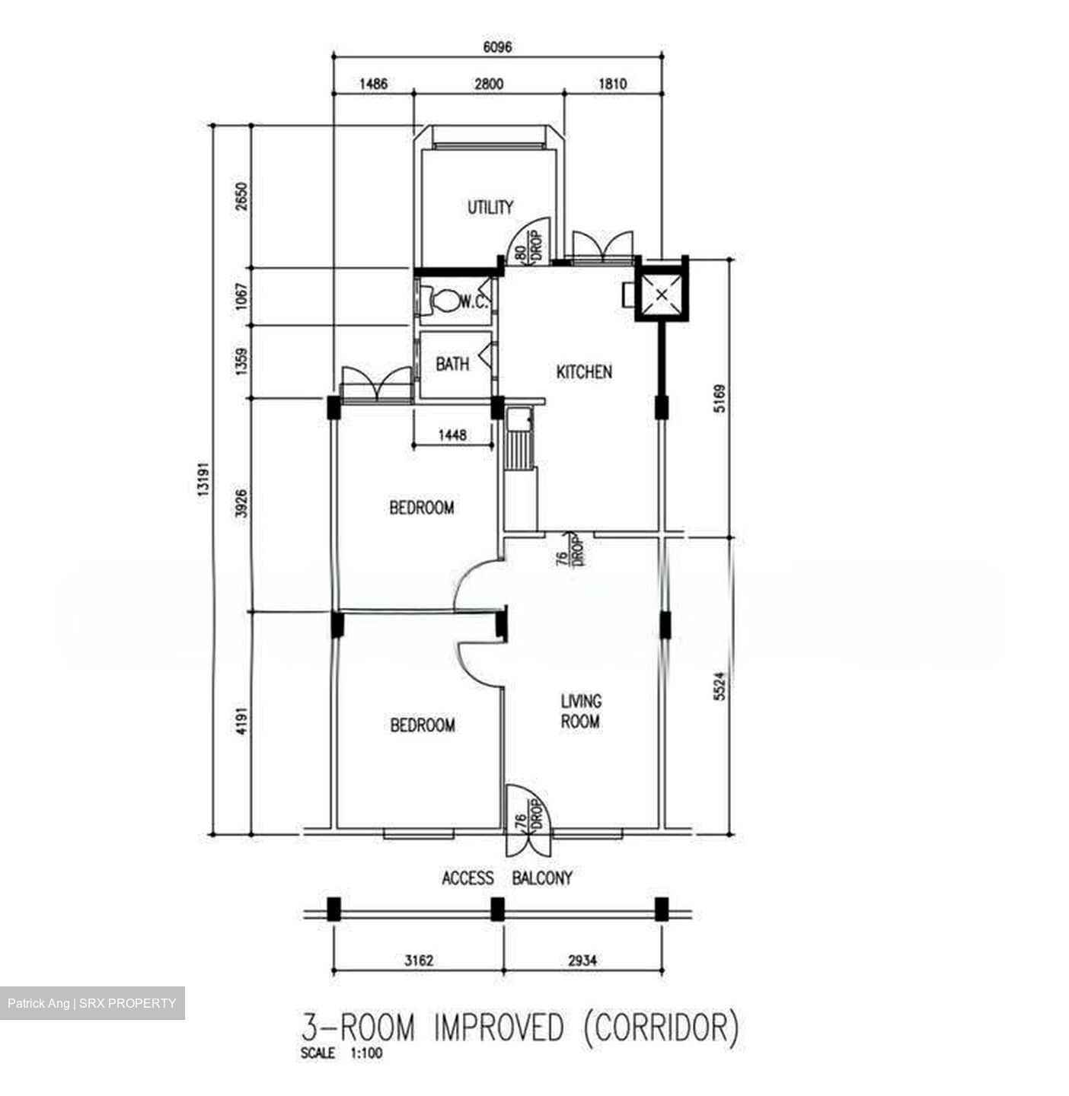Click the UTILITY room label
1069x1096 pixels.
pos(490,207)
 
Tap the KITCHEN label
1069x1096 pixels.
pos(584,371)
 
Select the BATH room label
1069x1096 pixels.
pos(452,364)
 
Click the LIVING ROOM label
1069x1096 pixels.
pos(581,712)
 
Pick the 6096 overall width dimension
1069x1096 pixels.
pos(498,46)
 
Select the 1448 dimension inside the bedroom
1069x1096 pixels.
pos(452,435)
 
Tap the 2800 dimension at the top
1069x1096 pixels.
pos(489,84)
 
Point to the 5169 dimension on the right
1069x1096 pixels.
pos(720,399)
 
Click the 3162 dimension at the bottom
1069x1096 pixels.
pos(420,961)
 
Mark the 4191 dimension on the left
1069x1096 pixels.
pos(241,722)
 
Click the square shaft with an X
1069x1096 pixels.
pos(662,294)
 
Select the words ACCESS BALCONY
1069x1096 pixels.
pos(506,878)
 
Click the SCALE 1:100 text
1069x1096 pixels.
pos(342,1053)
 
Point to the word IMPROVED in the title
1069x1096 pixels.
pos(499,1026)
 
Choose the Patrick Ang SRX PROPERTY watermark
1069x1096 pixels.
pos(92,1003)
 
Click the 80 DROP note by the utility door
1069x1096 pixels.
pos(528,247)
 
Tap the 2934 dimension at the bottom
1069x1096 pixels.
pos(582,961)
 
